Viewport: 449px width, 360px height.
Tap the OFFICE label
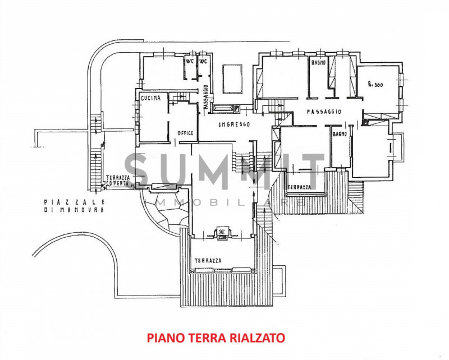[185, 133]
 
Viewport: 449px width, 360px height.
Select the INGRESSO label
[235, 124]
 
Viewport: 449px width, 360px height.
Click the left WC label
[191, 61]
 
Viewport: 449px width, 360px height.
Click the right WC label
[203, 61]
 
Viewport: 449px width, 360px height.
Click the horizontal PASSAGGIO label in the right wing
[324, 112]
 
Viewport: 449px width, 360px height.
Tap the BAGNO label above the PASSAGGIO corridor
[318, 63]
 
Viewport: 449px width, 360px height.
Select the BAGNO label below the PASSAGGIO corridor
[339, 134]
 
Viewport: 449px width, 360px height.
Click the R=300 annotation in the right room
[375, 85]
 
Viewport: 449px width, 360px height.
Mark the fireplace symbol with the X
[222, 231]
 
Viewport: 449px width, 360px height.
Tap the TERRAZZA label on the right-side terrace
[299, 187]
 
